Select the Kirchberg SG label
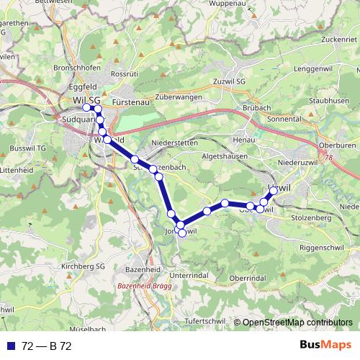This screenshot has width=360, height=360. (83, 266)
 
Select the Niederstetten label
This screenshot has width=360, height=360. (174, 143)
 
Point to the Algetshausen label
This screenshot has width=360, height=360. (224, 156)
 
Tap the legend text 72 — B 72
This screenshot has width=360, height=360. (47, 346)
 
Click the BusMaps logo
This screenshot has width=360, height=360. (325, 346)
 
